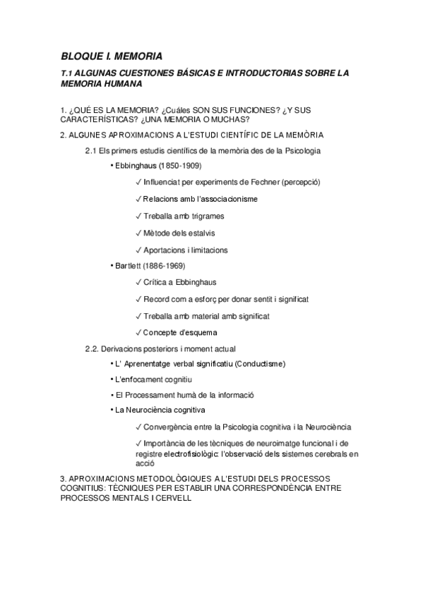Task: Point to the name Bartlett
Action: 131,266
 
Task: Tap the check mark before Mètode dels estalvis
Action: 138,233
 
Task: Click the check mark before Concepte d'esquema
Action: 138,332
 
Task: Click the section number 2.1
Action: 90,150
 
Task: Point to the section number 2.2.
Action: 91,348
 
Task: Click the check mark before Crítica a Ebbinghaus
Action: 138,282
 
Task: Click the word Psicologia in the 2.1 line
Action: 302,150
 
